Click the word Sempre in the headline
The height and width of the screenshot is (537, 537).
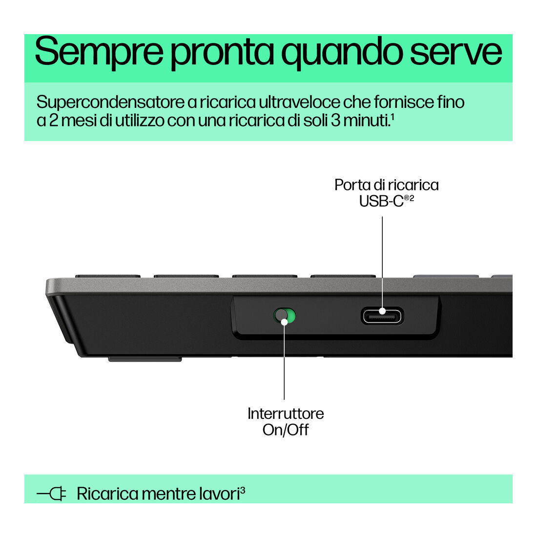pos(99,52)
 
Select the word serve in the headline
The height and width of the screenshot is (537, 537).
pos(456,52)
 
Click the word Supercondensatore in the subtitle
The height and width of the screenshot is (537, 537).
pos(110,103)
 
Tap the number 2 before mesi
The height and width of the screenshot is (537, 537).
pos(53,120)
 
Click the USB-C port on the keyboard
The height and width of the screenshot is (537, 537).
pos(382,316)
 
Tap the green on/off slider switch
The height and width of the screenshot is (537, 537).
pos(285,315)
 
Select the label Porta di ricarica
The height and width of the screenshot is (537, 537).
pos(386,185)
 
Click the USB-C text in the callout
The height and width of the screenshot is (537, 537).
pos(381,201)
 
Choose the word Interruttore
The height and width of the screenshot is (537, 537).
pos(286,413)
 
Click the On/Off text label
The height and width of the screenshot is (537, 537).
pos(286,430)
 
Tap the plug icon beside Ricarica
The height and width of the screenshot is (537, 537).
pos(51,494)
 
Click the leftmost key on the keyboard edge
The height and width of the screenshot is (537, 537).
pos(107,276)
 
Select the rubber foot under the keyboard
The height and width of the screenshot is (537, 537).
pos(145,359)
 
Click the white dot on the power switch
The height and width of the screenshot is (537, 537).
pos(284,322)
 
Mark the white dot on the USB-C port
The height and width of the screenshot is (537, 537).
pos(382,311)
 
